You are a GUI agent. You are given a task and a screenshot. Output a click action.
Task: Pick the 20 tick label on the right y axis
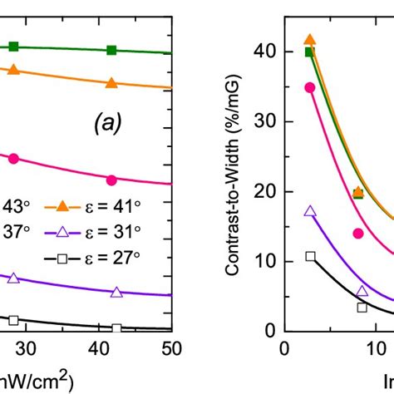tap(265, 191)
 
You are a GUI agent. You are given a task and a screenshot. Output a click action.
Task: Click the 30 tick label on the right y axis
tap(265, 121)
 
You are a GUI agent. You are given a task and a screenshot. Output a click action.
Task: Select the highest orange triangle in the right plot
tap(310, 40)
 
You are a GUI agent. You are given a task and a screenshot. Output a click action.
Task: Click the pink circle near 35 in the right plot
tap(310, 87)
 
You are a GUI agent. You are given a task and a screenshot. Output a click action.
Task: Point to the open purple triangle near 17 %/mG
tap(310, 211)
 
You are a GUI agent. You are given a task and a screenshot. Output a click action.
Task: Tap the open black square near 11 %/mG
tap(310, 256)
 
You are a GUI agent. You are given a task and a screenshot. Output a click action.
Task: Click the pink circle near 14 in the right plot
tap(358, 234)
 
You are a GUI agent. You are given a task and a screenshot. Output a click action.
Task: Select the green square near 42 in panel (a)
tap(112, 51)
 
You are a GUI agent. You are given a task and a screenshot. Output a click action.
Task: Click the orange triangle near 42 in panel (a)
tap(112, 83)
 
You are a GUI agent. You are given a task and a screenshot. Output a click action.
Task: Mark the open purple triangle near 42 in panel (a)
tap(116, 292)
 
